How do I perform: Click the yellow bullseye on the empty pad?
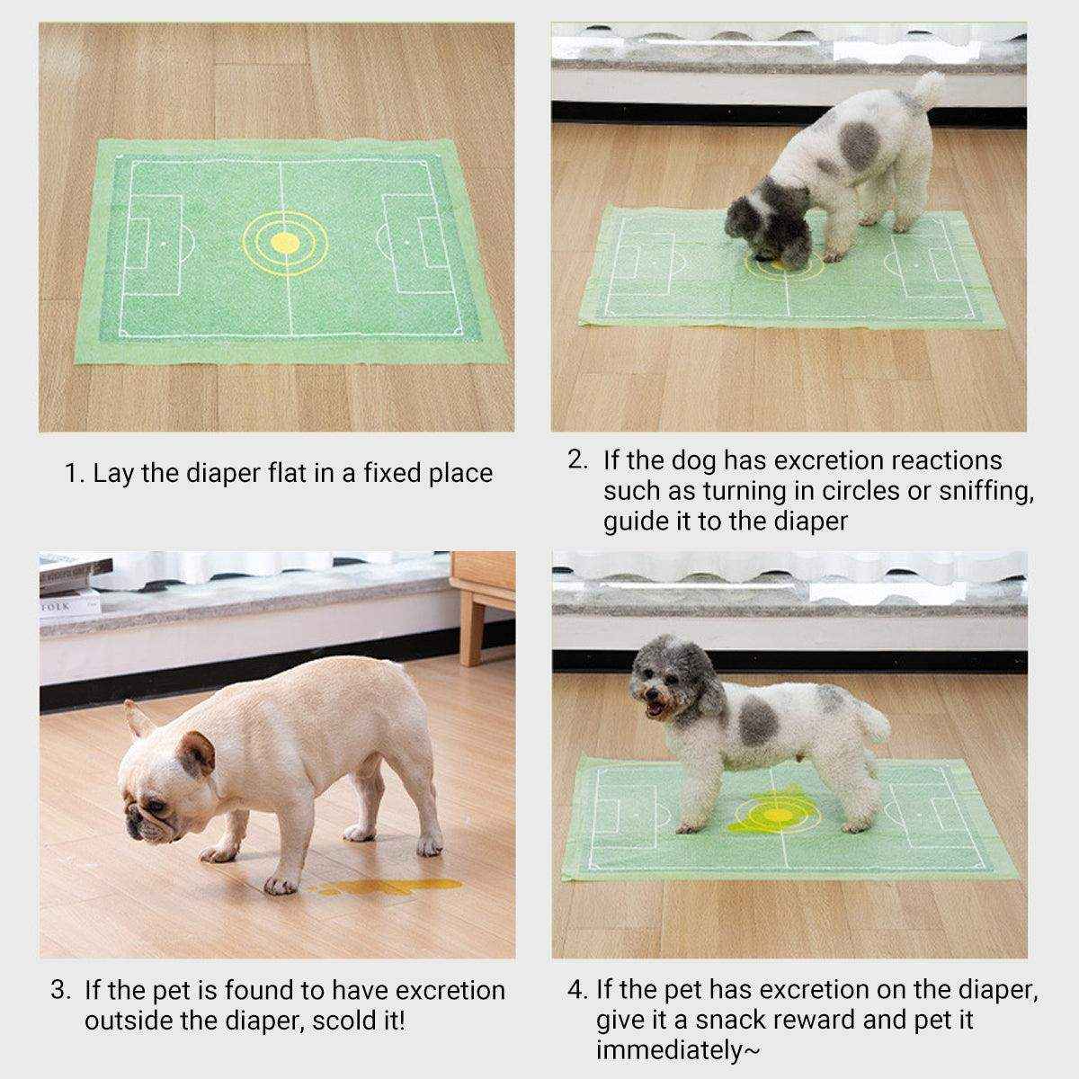coord(284,242)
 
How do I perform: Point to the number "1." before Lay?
coord(74,474)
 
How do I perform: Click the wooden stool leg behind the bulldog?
coord(471,629)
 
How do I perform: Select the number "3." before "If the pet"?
coord(60,991)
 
